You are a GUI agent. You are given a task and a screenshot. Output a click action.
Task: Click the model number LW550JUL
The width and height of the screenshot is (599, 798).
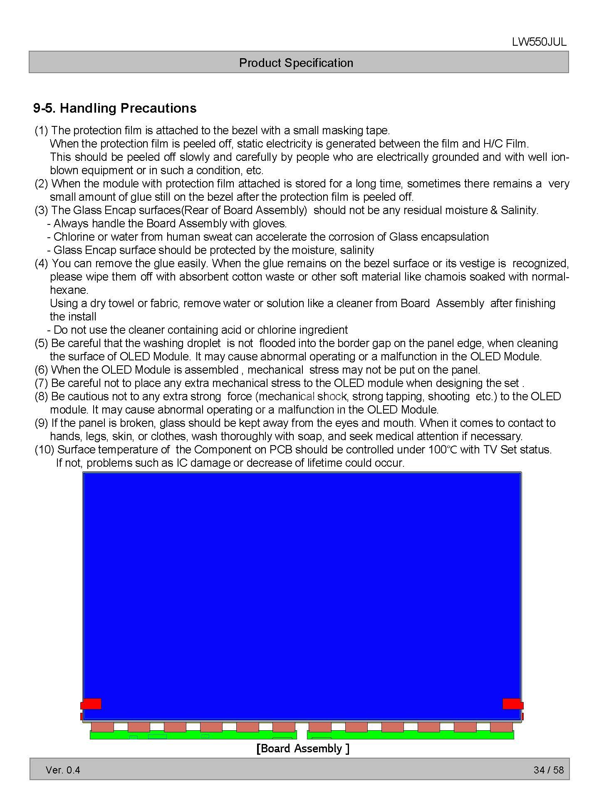click(x=539, y=42)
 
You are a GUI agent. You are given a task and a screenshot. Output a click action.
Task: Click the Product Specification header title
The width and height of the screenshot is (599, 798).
click(x=296, y=63)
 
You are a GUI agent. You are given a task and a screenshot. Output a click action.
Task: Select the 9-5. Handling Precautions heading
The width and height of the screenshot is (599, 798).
click(x=115, y=108)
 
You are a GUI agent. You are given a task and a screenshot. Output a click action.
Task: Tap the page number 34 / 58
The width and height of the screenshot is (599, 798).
click(x=548, y=770)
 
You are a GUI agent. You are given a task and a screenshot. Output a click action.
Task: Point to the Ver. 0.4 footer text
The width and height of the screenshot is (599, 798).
click(x=63, y=770)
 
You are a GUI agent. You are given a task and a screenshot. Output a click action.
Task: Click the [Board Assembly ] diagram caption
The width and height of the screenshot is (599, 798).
click(x=303, y=748)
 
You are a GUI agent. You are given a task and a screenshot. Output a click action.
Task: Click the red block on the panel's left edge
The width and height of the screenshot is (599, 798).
click(x=91, y=704)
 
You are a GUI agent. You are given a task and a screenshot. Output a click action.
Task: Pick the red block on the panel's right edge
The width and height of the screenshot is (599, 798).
click(x=512, y=704)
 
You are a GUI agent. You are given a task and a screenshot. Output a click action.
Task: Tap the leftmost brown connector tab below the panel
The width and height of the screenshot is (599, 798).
click(x=102, y=727)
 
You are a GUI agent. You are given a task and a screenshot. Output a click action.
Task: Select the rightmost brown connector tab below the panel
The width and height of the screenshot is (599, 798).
click(x=501, y=727)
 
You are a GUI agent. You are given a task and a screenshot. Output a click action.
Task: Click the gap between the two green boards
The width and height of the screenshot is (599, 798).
click(x=302, y=734)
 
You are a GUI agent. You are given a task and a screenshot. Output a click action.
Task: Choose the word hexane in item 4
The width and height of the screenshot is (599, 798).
click(x=69, y=290)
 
